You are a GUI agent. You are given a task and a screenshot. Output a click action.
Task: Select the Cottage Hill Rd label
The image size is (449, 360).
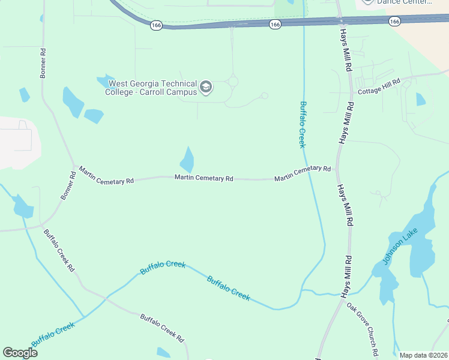tap(379, 87)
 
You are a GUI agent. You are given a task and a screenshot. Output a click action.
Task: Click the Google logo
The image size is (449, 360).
tap(20, 352)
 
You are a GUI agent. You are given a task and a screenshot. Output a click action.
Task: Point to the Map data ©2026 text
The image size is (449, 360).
tap(423, 355)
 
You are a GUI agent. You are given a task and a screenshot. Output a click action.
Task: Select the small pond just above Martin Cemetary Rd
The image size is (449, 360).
tap(187, 160)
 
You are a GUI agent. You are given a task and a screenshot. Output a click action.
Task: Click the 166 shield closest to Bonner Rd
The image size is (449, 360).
tap(157, 25)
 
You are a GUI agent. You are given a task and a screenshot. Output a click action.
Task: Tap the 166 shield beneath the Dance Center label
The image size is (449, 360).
tap(394, 21)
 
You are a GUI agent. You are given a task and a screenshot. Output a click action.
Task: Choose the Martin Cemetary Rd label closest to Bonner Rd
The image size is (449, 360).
tap(106, 176)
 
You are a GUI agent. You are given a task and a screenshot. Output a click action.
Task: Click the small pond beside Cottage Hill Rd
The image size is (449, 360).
tap(421, 99)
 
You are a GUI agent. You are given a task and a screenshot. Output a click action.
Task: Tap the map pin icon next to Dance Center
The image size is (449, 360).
tap(367, 2)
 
